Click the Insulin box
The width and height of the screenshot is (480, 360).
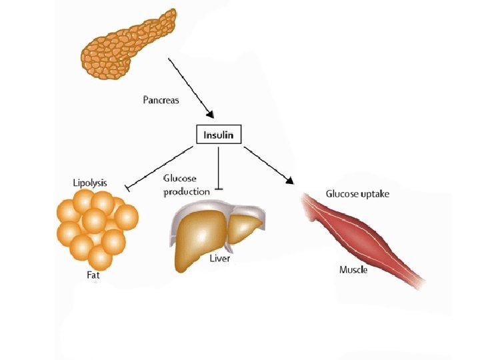pos(219,135)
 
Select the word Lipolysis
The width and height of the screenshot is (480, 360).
pos(90,183)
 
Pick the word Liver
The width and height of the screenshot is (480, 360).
pos(220,258)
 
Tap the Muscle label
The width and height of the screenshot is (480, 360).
pos(353,270)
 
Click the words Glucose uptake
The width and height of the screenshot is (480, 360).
pos(357,194)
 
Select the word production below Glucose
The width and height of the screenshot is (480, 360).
pos(187,191)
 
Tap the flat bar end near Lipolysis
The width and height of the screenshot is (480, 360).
pos(127,189)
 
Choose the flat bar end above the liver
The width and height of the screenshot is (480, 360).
pos(218,189)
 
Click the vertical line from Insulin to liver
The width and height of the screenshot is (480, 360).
pos(218,167)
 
